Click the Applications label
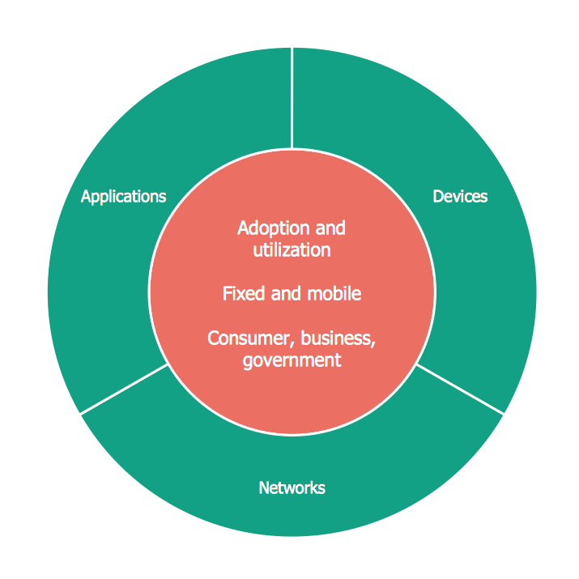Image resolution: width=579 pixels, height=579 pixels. tap(123, 197)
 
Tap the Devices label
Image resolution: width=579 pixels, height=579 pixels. tap(460, 197)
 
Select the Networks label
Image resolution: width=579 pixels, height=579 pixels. tap(292, 487)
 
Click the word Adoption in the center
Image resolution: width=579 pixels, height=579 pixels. tap(273, 229)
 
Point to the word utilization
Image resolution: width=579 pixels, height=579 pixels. tap(292, 250)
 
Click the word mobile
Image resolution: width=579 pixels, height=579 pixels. tap(334, 294)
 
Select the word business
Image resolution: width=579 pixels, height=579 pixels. tap(336, 338)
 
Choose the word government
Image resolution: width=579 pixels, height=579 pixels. tap(292, 361)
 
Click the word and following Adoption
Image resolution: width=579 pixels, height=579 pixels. tap(330, 228)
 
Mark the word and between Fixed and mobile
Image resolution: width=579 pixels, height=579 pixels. tap(286, 294)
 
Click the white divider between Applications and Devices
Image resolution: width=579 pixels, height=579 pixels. tap(292, 98)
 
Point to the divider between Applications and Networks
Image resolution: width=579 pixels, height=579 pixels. tap(124, 389)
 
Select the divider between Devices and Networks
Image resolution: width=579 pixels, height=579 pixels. tap(460, 389)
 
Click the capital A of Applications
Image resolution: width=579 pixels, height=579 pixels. tap(86, 196)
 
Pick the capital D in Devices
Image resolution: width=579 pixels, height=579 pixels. tap(438, 197)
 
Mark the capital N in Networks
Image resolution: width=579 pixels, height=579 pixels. tap(264, 487)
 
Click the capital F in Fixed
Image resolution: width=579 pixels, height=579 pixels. tap(227, 294)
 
